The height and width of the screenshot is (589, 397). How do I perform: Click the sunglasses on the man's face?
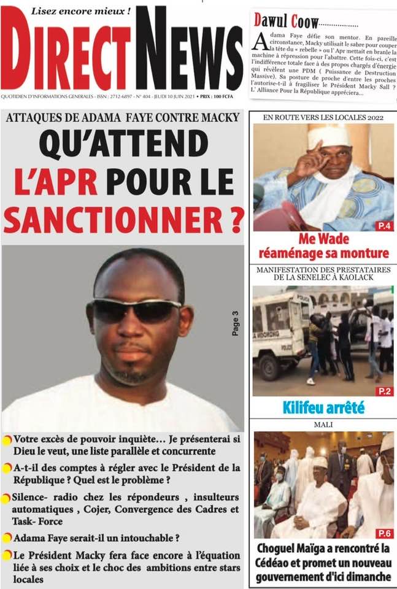click(137, 310)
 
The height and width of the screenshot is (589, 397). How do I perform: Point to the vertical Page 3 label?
click(235, 323)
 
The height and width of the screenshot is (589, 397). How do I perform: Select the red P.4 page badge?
click(384, 226)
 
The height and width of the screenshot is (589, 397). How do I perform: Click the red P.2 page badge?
click(384, 391)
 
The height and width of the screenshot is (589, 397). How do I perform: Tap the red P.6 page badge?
click(384, 533)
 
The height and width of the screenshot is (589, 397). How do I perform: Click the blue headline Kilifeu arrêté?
click(323, 407)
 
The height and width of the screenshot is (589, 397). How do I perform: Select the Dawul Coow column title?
click(286, 22)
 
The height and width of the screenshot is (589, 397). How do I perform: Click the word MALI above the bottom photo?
click(323, 425)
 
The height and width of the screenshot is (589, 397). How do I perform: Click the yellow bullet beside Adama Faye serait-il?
click(7, 538)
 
